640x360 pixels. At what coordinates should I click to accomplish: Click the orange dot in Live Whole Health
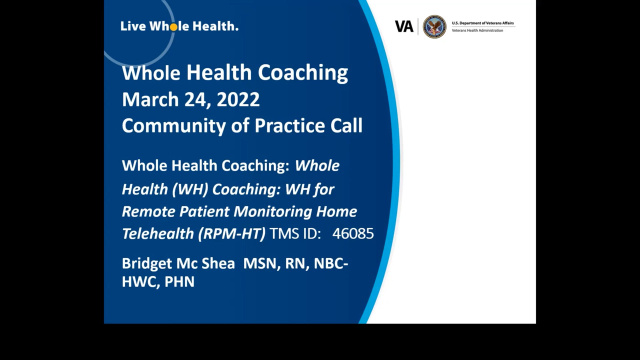click(x=173, y=27)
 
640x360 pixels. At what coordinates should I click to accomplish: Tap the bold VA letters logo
click(x=404, y=26)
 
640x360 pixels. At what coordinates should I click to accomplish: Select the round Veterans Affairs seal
click(x=434, y=26)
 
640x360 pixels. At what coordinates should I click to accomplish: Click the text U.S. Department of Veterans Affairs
click(x=482, y=23)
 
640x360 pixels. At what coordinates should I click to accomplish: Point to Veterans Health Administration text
click(x=477, y=30)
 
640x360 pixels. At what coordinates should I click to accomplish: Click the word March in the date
click(x=150, y=99)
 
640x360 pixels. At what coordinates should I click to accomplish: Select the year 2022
click(x=238, y=99)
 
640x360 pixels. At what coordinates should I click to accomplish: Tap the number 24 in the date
click(x=197, y=100)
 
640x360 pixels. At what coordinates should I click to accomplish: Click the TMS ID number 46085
click(x=353, y=233)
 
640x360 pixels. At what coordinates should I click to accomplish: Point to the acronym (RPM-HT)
click(x=231, y=233)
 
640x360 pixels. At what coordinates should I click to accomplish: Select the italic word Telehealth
click(x=158, y=233)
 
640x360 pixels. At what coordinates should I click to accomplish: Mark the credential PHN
click(x=179, y=281)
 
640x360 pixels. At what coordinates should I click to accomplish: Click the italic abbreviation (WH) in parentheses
click(x=190, y=189)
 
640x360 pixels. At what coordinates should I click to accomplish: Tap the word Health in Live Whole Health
click(x=215, y=26)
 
